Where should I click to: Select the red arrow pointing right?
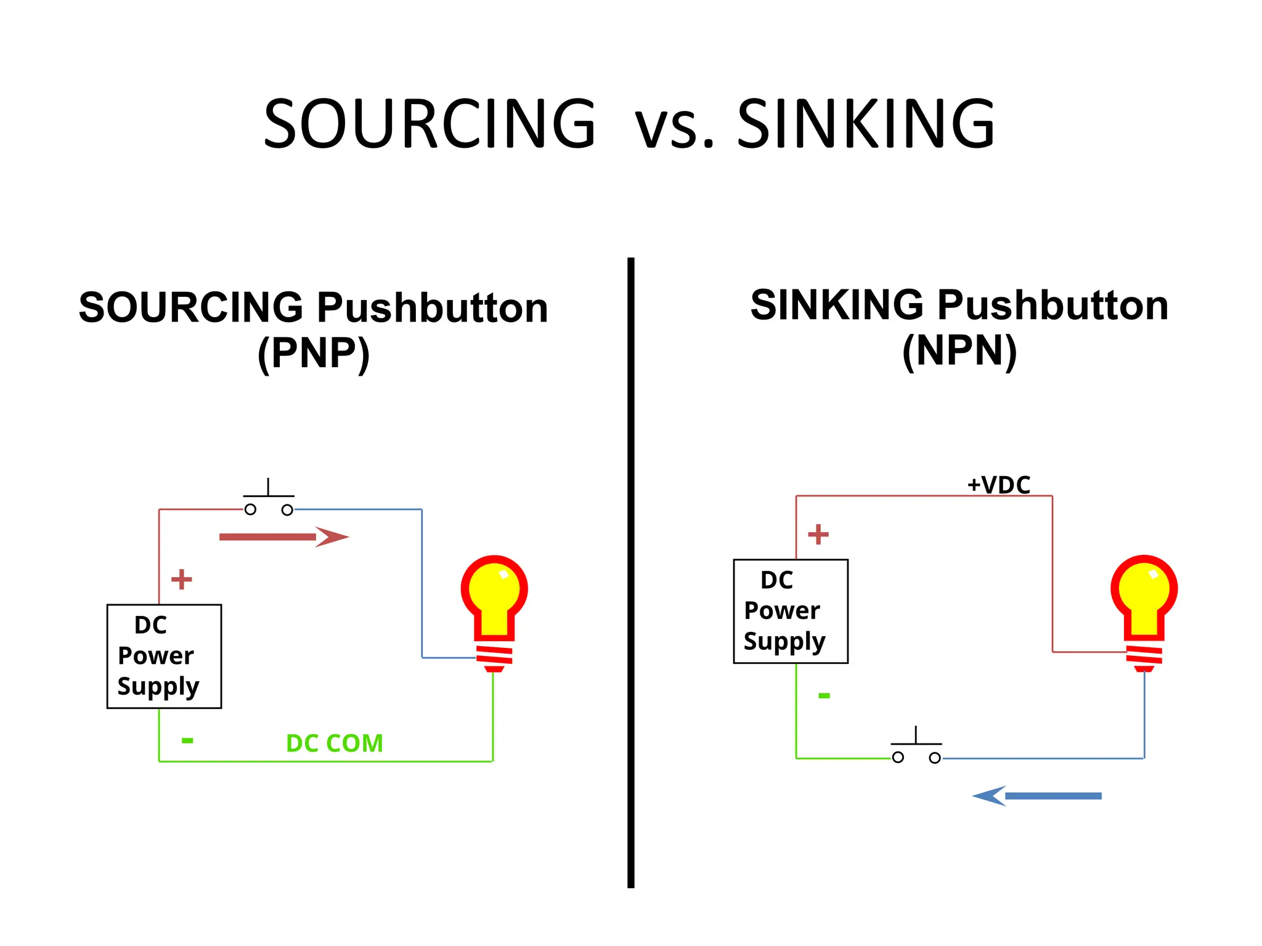(x=283, y=537)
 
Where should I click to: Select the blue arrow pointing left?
(x=1037, y=796)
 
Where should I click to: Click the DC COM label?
(x=334, y=743)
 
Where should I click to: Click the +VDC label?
(x=998, y=485)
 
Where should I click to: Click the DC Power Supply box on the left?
(x=164, y=656)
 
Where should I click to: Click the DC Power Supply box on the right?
(x=791, y=611)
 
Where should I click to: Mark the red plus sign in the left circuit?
(x=181, y=579)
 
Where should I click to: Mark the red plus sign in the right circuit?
(x=818, y=534)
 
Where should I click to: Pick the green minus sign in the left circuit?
(x=187, y=740)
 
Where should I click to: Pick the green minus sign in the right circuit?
(x=824, y=696)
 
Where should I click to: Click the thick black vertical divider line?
(x=630, y=573)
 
